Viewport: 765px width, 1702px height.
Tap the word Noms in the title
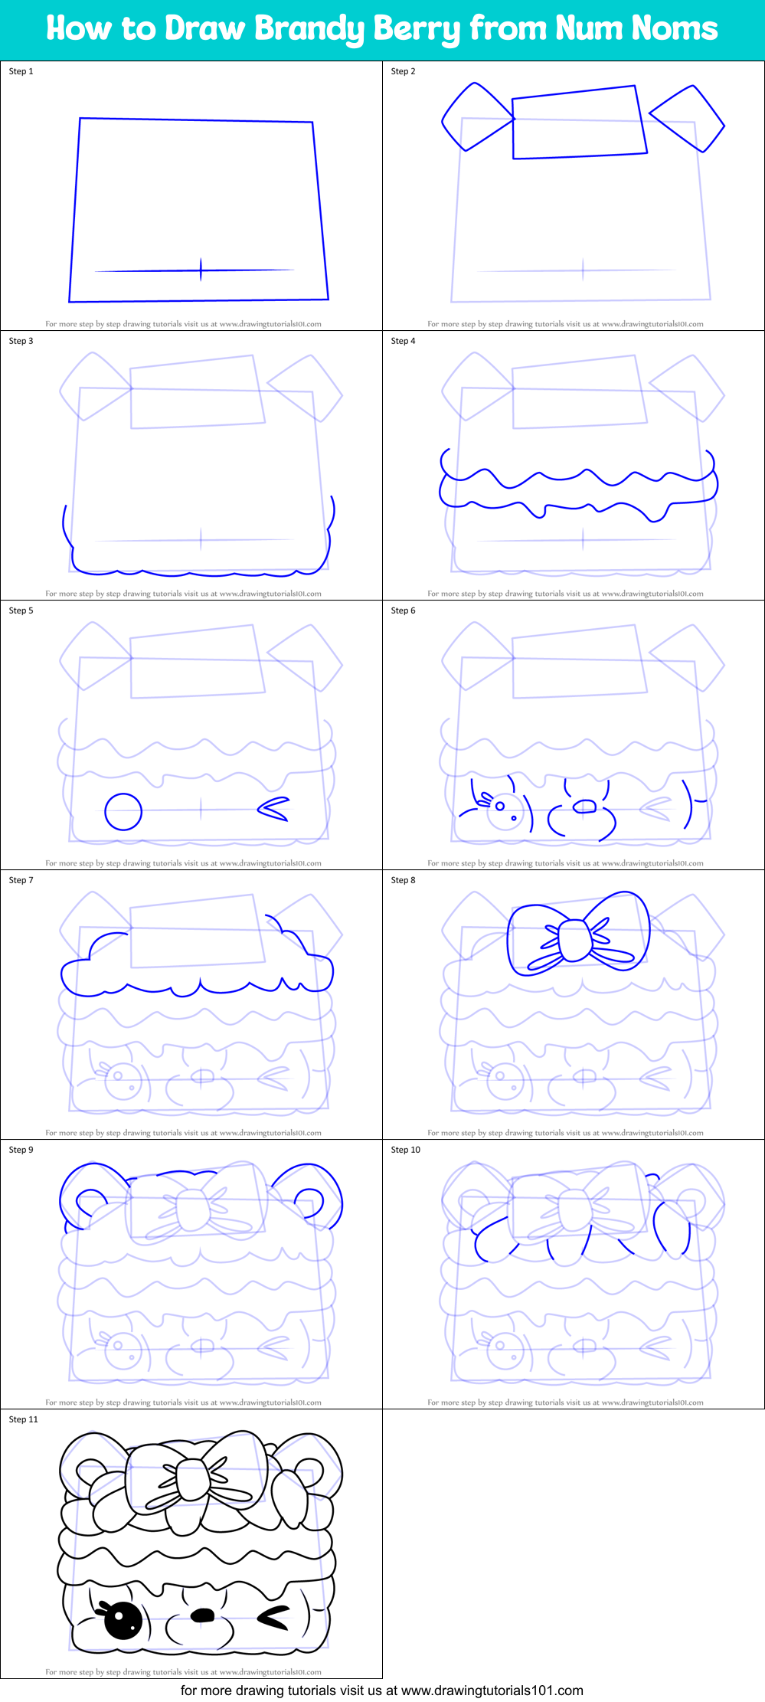[675, 29]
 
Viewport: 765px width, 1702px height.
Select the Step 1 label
[21, 71]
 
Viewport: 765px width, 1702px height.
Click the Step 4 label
[403, 341]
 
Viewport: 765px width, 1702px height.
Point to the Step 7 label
[21, 880]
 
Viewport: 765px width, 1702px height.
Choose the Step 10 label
[405, 1150]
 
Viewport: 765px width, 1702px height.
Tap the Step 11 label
[23, 1419]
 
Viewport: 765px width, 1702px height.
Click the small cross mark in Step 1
[201, 270]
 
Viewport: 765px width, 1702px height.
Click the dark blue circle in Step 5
[123, 811]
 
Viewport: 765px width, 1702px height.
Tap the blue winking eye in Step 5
[273, 809]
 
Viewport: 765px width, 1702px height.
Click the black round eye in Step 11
[123, 1621]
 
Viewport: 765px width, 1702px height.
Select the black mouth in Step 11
[202, 1615]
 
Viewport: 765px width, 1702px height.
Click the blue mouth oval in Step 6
[585, 806]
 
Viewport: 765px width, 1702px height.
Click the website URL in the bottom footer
[492, 1691]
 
